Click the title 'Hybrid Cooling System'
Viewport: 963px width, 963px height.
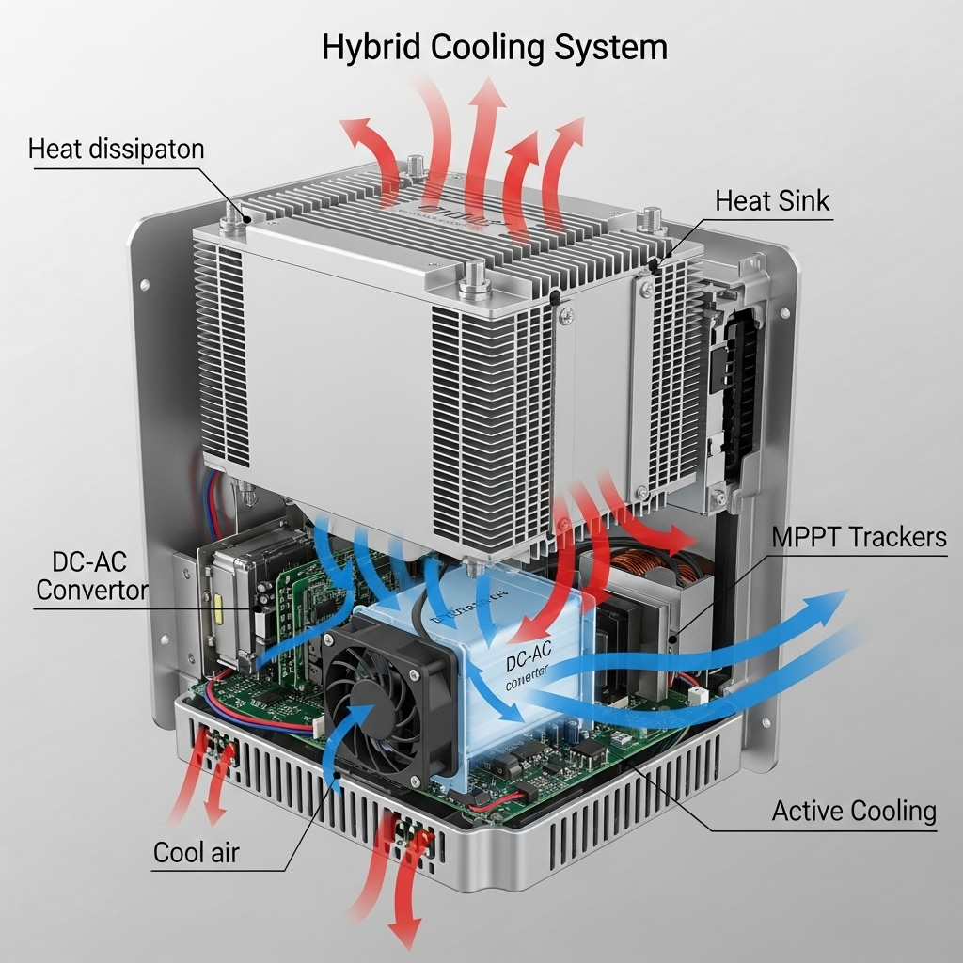point(495,47)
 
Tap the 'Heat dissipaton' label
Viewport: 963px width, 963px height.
point(116,149)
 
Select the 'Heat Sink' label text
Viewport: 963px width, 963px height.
point(772,200)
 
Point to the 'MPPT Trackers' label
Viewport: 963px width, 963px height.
point(859,537)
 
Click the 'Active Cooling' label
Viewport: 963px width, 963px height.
point(854,811)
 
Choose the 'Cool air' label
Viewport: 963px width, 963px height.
point(197,853)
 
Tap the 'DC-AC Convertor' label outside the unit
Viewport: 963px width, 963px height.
point(92,576)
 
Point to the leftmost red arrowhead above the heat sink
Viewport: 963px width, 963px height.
point(355,130)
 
